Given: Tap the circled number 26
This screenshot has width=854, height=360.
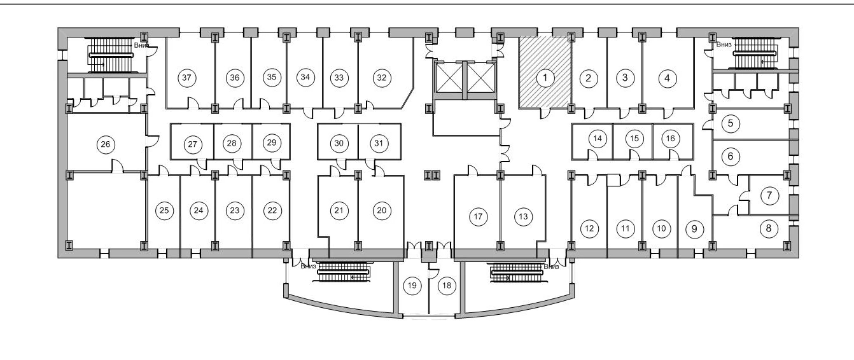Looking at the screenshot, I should click(106, 144).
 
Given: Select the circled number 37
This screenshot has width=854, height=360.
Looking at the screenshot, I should click(186, 78).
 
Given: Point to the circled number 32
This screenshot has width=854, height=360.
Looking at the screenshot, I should click(381, 78).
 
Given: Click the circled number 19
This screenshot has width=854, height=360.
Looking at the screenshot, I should click(412, 286).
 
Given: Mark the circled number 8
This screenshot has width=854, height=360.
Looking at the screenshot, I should click(769, 227).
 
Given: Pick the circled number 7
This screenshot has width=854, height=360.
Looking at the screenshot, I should click(769, 195).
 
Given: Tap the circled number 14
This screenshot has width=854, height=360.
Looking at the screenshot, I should click(597, 139).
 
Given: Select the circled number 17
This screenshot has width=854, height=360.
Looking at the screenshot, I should click(479, 216).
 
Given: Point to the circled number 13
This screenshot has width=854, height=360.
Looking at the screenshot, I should click(523, 216).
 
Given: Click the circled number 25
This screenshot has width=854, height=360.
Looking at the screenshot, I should click(164, 211).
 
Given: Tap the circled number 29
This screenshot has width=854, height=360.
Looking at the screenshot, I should click(272, 143).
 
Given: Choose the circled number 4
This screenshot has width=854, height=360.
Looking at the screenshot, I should click(667, 78).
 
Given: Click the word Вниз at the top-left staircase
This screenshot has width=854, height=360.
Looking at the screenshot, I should click(141, 46).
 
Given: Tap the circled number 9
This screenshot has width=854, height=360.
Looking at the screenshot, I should click(694, 228).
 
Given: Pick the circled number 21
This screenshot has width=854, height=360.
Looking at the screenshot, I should click(339, 211).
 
